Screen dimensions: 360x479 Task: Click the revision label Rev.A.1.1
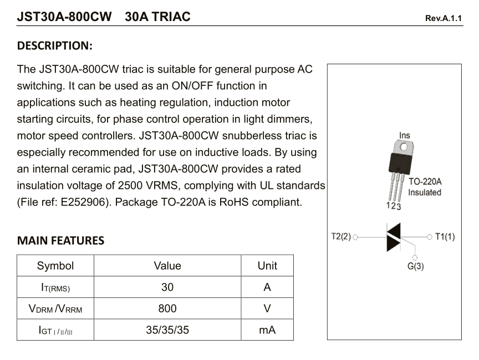443,18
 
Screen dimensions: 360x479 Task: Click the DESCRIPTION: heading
55,45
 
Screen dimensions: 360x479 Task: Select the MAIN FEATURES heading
60,240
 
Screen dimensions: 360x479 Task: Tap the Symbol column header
55,266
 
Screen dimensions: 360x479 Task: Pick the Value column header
167,266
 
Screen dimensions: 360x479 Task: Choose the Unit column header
267,266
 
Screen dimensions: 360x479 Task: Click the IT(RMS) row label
55,287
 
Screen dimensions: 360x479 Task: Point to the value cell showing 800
167,308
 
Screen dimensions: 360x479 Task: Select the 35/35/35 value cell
167,330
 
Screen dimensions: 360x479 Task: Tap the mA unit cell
267,330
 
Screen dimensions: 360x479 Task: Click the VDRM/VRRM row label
55,309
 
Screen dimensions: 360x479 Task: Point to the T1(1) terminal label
445,236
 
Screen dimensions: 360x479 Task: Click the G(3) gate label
415,266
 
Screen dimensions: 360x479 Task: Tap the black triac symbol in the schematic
393,237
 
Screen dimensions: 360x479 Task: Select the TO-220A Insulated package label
425,187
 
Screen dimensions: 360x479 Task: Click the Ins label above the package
405,135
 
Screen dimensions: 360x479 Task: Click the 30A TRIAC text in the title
157,17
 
